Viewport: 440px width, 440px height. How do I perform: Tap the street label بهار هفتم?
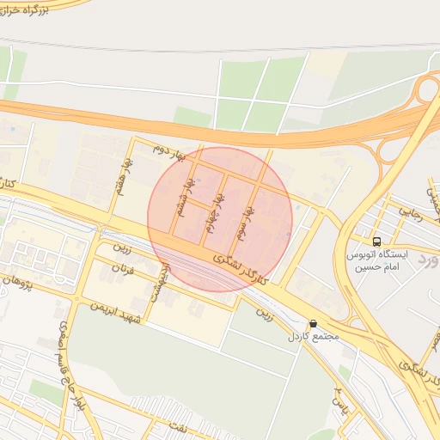[125, 174]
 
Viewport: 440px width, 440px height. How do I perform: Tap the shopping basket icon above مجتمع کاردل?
[312, 324]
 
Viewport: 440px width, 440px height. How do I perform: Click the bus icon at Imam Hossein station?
[376, 241]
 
